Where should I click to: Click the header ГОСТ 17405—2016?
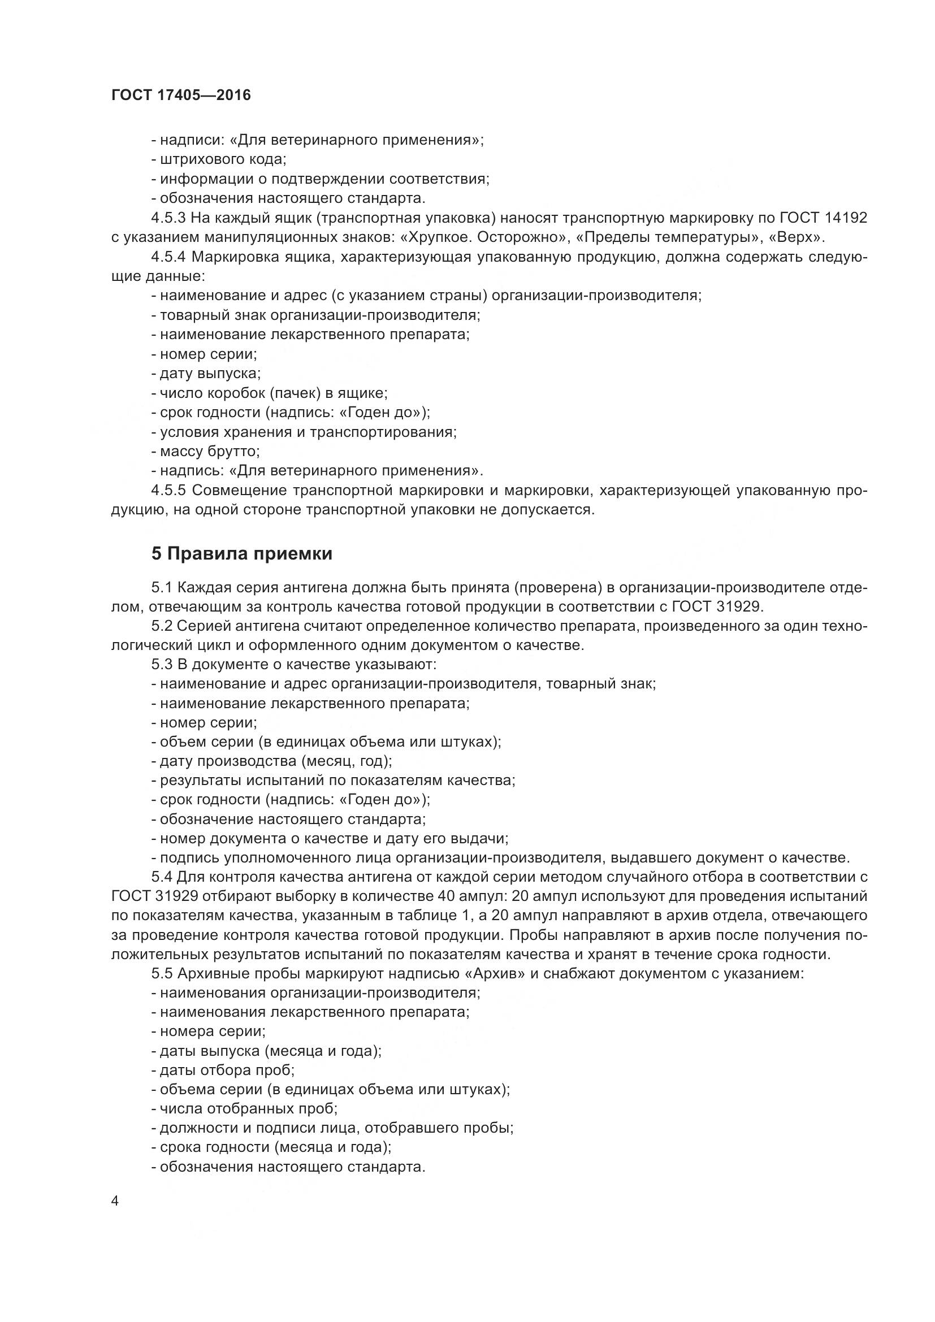pyautogui.click(x=181, y=96)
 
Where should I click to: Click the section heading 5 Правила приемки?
pyautogui.click(x=242, y=554)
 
